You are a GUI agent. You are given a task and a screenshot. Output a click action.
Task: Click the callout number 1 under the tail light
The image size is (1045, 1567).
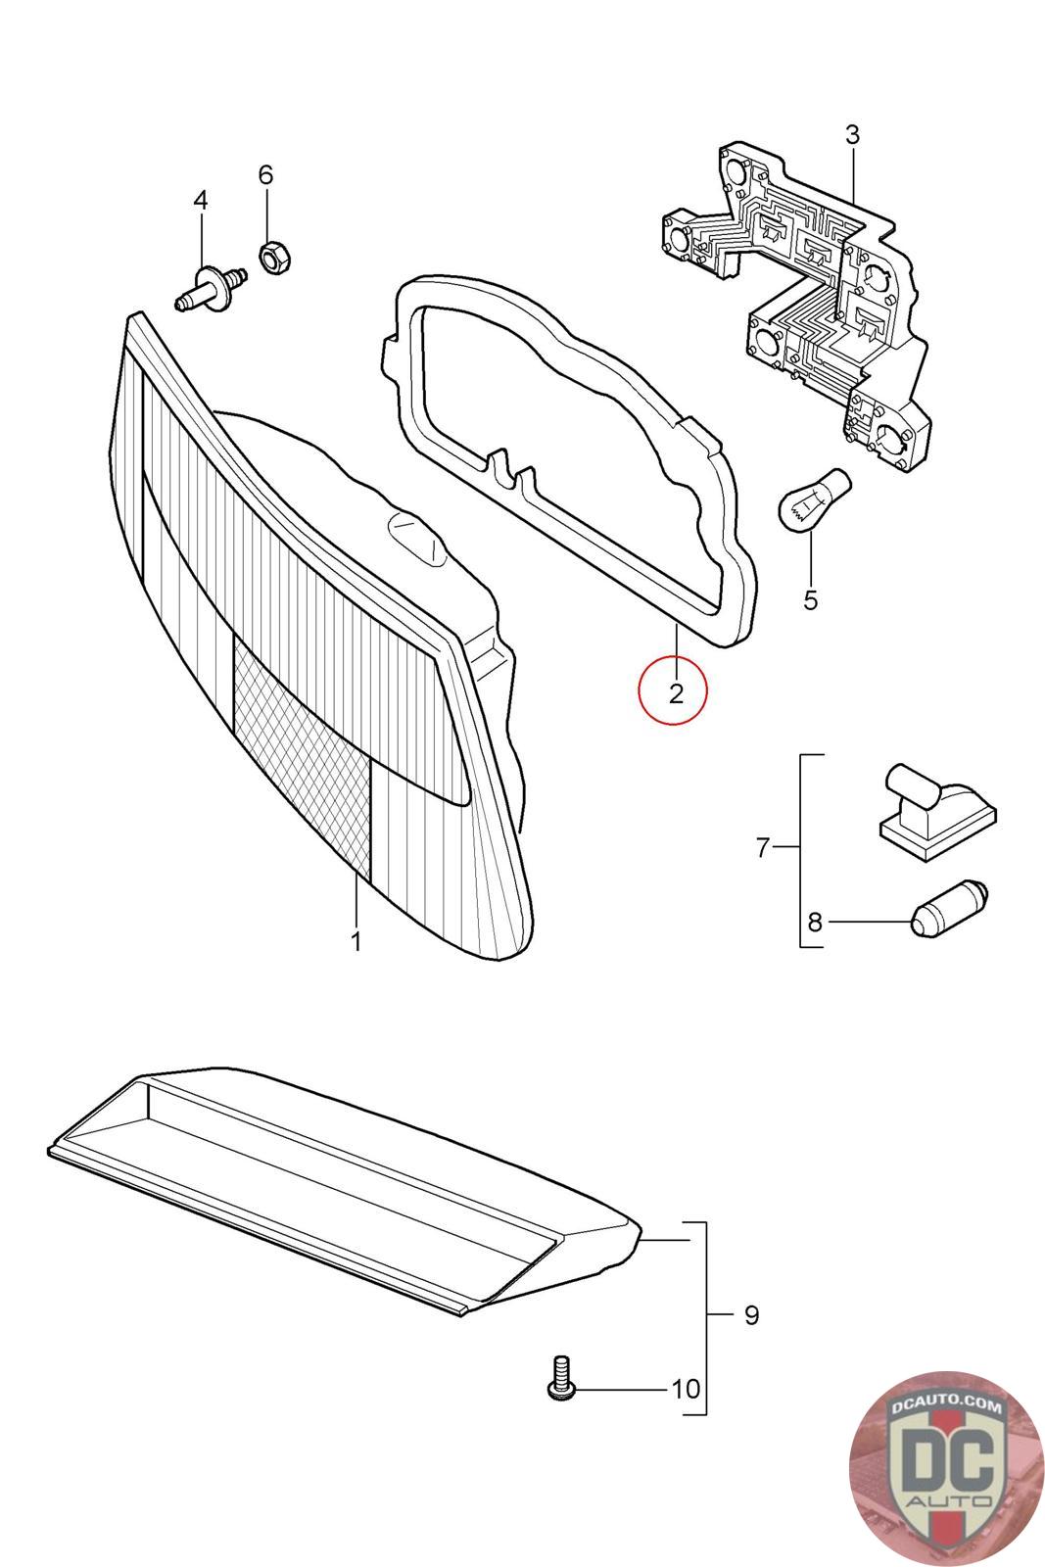pos(356,942)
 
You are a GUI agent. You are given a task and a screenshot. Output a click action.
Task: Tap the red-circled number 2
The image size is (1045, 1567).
pos(675,694)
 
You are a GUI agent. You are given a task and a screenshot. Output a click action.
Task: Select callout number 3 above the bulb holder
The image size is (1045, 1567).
pos(851,135)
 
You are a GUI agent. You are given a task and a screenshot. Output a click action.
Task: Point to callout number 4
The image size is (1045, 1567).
pos(201,201)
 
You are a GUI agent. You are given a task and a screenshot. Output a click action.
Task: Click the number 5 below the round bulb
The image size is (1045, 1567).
pos(810,599)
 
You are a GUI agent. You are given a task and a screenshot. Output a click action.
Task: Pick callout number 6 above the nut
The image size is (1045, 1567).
pos(265,175)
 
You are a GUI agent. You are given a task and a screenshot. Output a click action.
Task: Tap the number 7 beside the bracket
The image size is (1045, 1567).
pos(764,848)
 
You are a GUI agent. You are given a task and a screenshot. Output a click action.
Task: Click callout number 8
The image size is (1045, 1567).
pos(815,922)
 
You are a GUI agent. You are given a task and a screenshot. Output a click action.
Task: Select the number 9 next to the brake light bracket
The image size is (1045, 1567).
pos(751,1314)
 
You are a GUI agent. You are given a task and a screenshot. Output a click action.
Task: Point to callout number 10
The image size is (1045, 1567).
pos(686,1389)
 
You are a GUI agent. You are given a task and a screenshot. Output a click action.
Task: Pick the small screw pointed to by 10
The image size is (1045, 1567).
pos(561,1377)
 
